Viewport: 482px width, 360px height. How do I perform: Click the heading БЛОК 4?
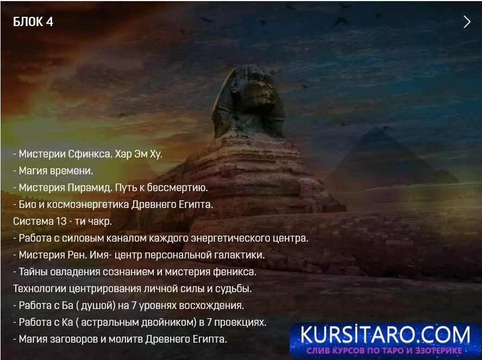click(33, 22)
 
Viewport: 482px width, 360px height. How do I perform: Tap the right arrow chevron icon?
click(467, 22)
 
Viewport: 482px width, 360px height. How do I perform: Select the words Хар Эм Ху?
click(139, 154)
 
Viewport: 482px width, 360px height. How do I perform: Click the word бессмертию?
click(179, 188)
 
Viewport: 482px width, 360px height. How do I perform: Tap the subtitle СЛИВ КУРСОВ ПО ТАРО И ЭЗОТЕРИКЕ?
click(385, 351)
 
